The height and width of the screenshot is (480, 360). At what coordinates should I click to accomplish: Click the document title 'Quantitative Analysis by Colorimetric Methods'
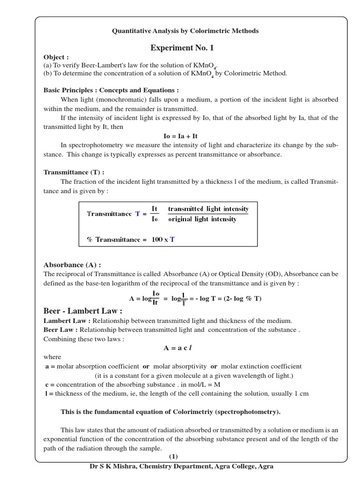(185, 31)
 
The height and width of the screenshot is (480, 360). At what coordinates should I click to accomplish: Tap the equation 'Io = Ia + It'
(180, 136)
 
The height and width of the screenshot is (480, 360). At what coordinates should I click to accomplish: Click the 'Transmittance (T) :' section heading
(74, 172)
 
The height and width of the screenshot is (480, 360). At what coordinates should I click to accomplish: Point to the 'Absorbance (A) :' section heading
(72, 264)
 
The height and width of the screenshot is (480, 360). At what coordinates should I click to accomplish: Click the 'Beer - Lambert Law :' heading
(83, 311)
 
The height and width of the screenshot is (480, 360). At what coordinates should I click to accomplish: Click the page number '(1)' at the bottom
(173, 457)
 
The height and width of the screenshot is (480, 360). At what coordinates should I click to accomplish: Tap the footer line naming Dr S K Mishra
(181, 466)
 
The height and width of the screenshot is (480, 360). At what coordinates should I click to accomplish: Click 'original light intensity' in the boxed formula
(202, 219)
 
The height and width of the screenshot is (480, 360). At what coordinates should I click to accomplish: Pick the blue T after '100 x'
(172, 240)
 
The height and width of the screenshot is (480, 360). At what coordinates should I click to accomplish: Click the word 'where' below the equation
(52, 357)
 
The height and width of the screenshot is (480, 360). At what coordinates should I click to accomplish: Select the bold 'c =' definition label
(49, 384)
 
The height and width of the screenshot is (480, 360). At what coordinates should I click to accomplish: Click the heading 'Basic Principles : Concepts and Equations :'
(111, 90)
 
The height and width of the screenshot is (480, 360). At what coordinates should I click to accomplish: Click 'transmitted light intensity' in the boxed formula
(208, 209)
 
